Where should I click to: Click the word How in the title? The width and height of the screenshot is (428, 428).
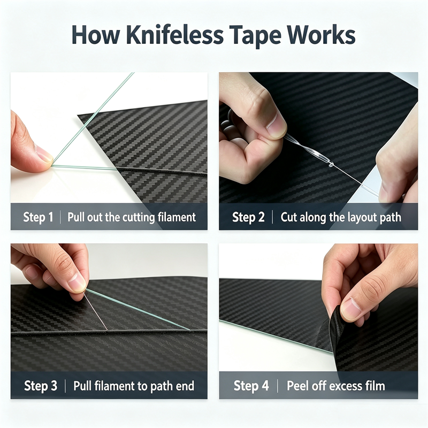pyautogui.click(x=96, y=35)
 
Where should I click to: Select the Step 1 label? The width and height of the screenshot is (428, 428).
pyautogui.click(x=38, y=217)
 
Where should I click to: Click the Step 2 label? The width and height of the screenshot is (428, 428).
pyautogui.click(x=248, y=217)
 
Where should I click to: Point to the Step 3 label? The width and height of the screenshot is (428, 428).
pyautogui.click(x=41, y=386)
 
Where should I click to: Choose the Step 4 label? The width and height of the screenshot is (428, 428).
pyautogui.click(x=251, y=386)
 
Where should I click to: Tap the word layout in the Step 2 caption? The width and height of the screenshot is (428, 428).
pyautogui.click(x=358, y=218)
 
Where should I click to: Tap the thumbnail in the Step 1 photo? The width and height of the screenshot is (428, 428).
pyautogui.click(x=43, y=154)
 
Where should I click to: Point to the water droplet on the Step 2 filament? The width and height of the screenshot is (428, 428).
pyautogui.click(x=331, y=164)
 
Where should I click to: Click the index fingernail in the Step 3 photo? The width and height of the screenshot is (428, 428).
pyautogui.click(x=77, y=282)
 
